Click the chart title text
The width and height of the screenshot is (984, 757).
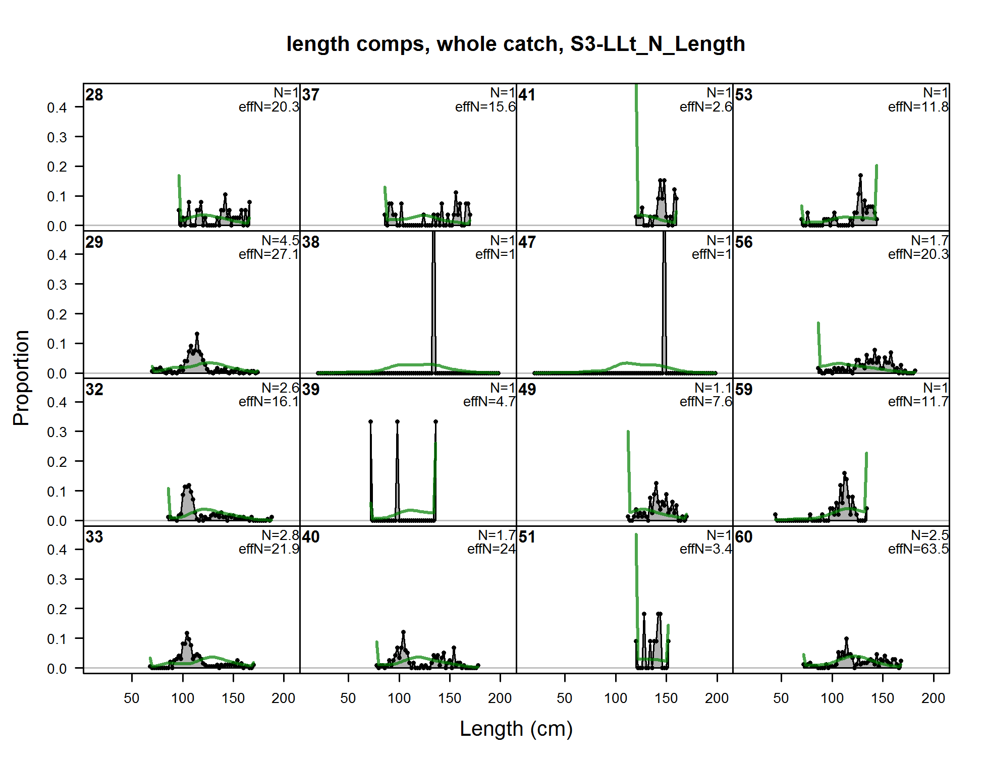[x=515, y=44]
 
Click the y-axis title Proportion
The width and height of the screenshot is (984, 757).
[x=21, y=377]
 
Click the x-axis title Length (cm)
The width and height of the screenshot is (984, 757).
[x=516, y=729]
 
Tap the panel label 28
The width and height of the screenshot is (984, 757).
[x=94, y=95]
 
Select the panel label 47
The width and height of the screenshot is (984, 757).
[x=527, y=242]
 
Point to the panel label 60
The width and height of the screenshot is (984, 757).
[x=743, y=537]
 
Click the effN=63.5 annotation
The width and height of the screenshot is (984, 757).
[x=918, y=549]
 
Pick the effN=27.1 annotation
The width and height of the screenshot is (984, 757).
[x=268, y=254]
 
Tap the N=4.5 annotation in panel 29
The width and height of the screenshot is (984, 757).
[x=280, y=240]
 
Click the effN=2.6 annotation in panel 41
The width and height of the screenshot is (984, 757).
[x=705, y=106]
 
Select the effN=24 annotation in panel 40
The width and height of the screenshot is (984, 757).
[x=491, y=549]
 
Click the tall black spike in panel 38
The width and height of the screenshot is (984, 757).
[x=433, y=303]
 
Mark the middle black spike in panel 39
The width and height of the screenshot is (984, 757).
[x=397, y=469]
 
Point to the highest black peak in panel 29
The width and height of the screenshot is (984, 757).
[x=197, y=334]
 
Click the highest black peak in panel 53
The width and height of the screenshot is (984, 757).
[x=860, y=176]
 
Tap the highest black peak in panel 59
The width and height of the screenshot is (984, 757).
[x=844, y=473]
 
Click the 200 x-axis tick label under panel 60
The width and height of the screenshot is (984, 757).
[x=933, y=698]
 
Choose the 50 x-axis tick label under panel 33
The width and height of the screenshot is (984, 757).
[x=132, y=698]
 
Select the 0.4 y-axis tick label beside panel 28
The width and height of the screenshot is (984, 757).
[x=57, y=107]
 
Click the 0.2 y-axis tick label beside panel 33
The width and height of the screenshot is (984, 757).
[x=57, y=609]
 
